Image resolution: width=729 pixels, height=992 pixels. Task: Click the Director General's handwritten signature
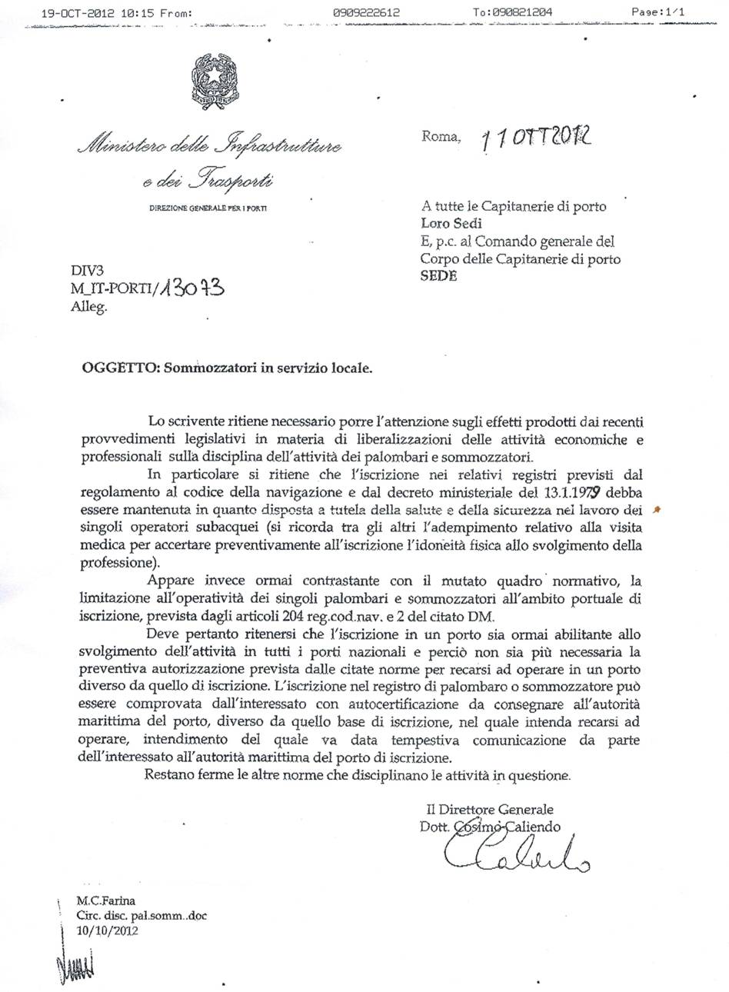point(515,854)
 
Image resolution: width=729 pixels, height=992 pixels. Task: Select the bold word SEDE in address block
point(439,276)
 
